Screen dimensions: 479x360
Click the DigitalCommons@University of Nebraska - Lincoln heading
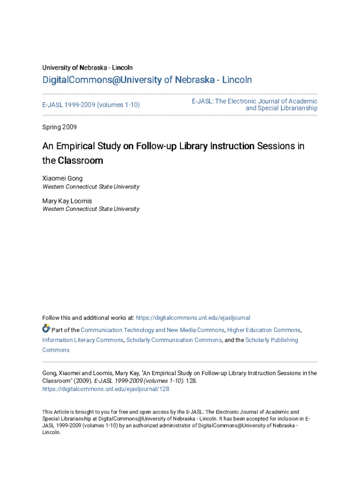(147, 80)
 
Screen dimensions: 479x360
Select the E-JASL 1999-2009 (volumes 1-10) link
(91, 105)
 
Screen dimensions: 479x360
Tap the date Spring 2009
(59, 127)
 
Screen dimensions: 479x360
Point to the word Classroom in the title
(80, 160)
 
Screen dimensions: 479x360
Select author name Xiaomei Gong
(62, 178)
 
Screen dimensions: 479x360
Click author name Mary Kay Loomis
(67, 201)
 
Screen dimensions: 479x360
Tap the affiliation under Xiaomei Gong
(91, 187)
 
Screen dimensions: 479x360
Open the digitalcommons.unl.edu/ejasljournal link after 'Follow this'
(193, 318)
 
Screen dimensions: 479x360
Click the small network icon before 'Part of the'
(46, 328)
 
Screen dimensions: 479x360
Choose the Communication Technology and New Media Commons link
(152, 330)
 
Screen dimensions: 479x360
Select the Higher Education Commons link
(264, 330)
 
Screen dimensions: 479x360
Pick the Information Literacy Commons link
(83, 340)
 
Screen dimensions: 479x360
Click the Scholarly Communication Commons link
(174, 340)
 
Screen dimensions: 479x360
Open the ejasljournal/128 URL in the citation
(106, 389)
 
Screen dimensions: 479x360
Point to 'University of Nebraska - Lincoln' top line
(87, 68)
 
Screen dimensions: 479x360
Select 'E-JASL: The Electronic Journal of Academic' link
(254, 101)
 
